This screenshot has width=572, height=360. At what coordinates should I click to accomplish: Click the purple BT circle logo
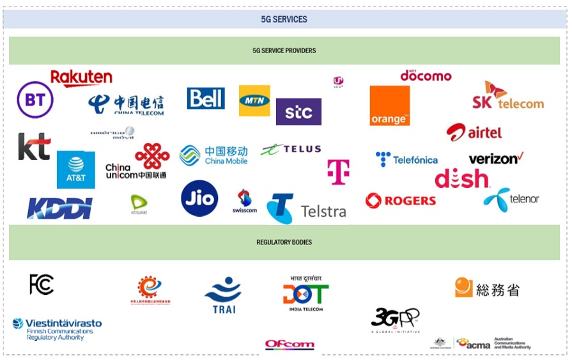coord(35,100)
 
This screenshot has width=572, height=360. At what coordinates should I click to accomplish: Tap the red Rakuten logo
coord(81,78)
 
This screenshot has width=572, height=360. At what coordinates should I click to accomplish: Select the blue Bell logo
coord(206,98)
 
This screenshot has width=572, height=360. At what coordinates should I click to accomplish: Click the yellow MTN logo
coord(254,100)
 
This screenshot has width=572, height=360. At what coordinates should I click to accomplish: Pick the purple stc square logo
coord(298,112)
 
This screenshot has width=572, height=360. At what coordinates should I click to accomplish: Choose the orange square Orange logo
coord(390,106)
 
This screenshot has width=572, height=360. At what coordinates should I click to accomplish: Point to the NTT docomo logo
coord(426,75)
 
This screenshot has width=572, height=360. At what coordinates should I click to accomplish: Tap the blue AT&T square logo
coord(76,169)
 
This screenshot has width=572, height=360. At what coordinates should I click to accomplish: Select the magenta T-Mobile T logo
coord(338,171)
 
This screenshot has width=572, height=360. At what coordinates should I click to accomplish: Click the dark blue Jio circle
coord(199,198)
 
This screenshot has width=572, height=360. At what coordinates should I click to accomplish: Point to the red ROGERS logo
coord(401,201)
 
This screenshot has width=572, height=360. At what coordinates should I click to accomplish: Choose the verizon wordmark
coord(496,158)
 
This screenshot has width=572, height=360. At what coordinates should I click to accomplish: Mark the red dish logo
coord(461,179)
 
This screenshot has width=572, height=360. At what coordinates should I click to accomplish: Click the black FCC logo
coord(42,284)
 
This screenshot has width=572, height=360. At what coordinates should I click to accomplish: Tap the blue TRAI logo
coord(223,295)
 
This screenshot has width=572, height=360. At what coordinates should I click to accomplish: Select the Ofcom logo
coord(290,345)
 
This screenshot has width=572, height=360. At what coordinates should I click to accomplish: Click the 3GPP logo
coord(395,319)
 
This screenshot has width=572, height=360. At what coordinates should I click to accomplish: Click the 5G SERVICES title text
coord(284,19)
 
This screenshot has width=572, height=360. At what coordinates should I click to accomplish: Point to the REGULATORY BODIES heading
coord(284,242)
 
